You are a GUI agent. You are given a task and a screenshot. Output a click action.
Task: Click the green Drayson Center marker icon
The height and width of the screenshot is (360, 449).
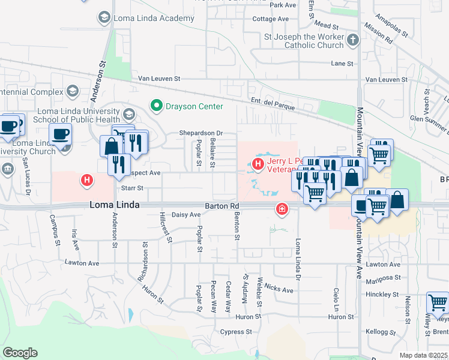click(x=157, y=106)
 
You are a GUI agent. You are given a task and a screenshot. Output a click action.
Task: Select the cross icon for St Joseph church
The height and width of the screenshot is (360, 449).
click(x=353, y=40)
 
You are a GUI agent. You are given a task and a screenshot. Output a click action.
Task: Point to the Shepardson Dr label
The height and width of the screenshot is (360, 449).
click(x=200, y=133)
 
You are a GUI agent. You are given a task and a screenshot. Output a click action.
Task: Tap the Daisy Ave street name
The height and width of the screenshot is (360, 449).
click(x=186, y=215)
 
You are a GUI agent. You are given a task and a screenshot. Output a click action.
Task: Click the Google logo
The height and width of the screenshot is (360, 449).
click(x=20, y=353)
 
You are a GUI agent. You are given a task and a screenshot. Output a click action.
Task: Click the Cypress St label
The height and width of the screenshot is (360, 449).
click(x=235, y=332)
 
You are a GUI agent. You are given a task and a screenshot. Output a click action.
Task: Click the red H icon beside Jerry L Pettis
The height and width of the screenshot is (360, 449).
click(x=258, y=163)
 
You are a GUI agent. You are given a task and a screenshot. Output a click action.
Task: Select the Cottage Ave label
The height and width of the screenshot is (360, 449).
click(x=270, y=19)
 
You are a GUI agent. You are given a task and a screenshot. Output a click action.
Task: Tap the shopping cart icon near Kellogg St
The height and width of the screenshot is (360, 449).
click(x=438, y=302)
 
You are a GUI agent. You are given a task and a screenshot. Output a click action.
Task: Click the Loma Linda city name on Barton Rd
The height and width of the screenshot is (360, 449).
click(x=115, y=205)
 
